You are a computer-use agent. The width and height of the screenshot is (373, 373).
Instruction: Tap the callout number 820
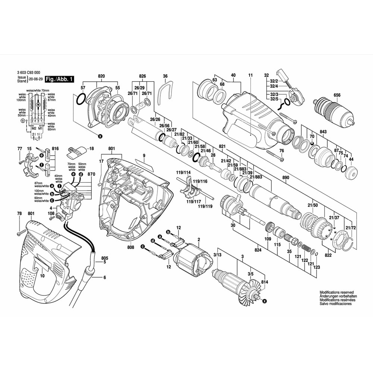[x=101, y=76]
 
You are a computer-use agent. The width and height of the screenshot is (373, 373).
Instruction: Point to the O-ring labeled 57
[x=81, y=100]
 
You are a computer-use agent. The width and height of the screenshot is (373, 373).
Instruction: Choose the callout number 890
[x=286, y=179]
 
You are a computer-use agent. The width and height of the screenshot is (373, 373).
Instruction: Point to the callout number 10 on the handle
[x=42, y=276]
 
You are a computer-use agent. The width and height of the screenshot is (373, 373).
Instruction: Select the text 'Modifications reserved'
[x=336, y=293]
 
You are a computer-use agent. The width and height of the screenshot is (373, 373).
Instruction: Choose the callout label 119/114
[x=183, y=172]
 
